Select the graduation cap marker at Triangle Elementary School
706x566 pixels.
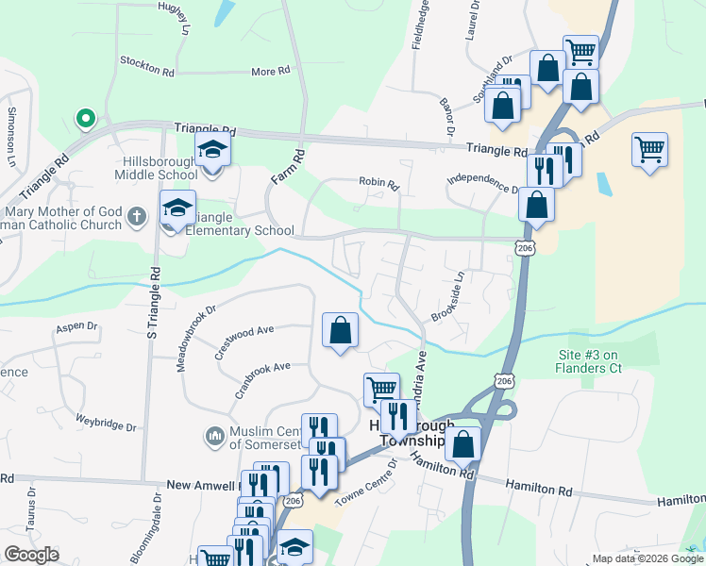177,209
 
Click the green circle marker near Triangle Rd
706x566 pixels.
85,118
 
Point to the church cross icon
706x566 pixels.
137,217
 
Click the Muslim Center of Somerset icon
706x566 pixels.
214,437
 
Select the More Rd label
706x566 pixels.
269,72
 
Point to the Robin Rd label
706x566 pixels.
375,181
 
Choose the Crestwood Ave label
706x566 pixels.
244,343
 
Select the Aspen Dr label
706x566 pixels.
77,326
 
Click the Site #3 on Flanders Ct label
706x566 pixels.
588,361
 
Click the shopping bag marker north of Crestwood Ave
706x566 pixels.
341,331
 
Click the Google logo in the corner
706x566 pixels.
31,554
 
